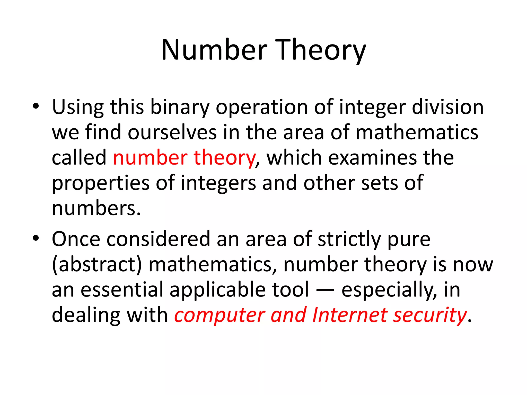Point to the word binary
click(x=180, y=107)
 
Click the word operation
click(x=261, y=107)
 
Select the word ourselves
click(x=172, y=132)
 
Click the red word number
click(x=150, y=157)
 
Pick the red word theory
click(x=224, y=158)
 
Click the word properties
click(x=101, y=183)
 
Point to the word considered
click(x=158, y=239)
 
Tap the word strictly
click(x=349, y=239)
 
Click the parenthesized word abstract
click(x=97, y=265)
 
